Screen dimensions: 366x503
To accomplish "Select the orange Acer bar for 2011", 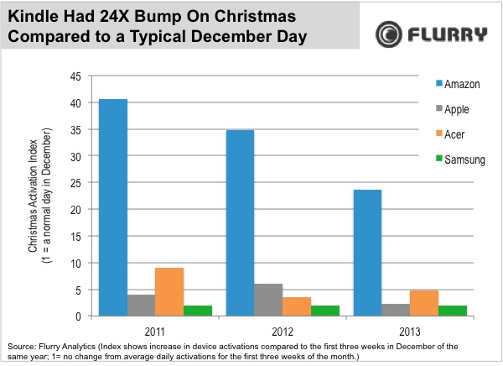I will coord(169,292).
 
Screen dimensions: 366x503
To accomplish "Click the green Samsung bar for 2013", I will coord(453,311).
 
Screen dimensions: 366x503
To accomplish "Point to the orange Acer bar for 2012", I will coord(296,306).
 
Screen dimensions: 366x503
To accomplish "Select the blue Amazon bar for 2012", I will coord(240,222).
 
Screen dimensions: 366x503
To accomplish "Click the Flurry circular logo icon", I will coord(389,34).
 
